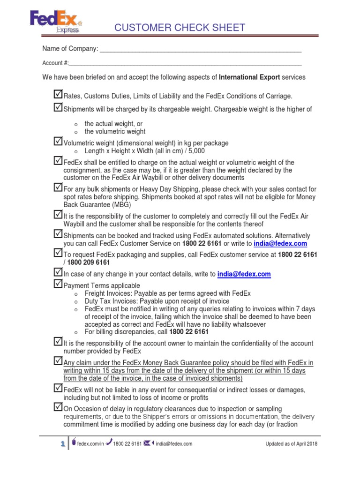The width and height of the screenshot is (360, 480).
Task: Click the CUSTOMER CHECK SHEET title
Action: click(180, 28)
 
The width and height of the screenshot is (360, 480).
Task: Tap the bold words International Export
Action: click(249, 77)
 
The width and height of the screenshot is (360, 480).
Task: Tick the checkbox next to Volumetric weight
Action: click(58, 141)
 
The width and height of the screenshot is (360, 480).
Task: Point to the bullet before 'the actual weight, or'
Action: click(75, 124)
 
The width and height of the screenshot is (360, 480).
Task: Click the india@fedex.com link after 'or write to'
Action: click(280, 244)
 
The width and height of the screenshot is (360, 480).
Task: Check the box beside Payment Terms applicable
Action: click(58, 284)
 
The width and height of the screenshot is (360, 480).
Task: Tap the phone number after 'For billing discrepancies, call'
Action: click(182, 332)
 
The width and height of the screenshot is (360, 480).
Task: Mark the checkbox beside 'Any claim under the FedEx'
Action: click(58, 361)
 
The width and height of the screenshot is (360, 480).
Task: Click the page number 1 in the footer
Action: click(62, 444)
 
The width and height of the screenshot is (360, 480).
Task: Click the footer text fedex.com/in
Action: click(90, 444)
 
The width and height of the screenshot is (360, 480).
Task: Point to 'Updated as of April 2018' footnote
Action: click(291, 444)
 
